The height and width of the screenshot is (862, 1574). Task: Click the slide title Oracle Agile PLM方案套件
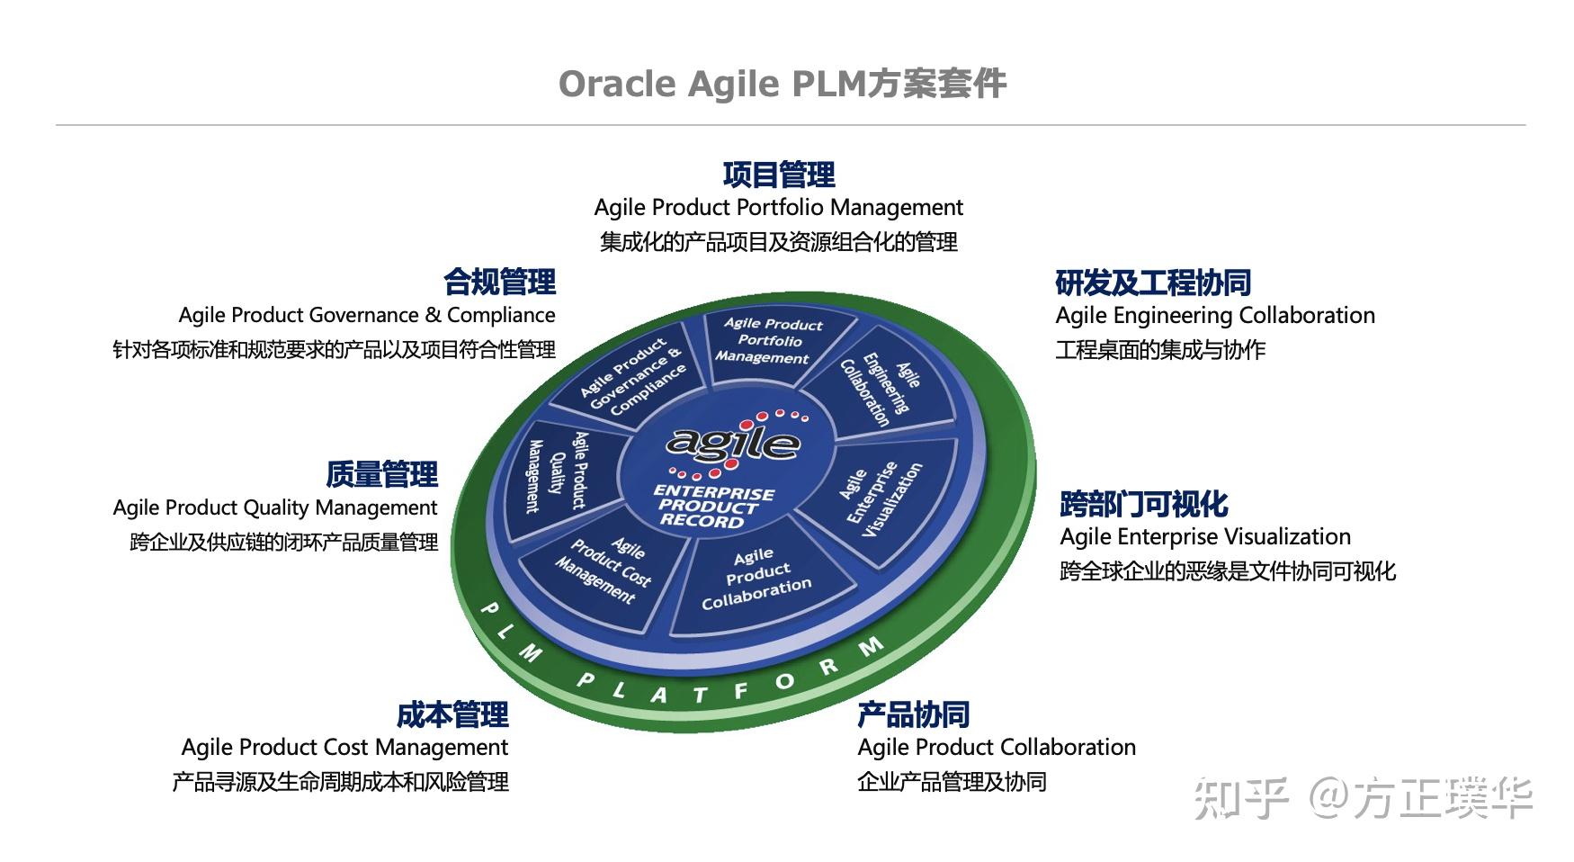point(782,84)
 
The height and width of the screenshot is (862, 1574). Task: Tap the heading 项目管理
point(779,174)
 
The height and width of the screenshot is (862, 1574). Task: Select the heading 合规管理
point(499,282)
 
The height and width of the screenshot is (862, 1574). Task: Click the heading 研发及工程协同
point(1153,283)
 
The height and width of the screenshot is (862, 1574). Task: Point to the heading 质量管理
point(381,474)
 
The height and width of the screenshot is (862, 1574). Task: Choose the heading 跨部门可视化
point(1143,504)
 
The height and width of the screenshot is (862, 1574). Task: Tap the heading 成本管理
point(452,714)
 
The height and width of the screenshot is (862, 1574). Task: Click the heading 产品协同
point(913,714)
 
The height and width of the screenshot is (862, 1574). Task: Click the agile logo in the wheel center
point(733,441)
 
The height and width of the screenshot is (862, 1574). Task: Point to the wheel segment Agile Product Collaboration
point(756,579)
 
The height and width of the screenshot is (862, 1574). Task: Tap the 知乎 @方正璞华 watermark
point(1363,798)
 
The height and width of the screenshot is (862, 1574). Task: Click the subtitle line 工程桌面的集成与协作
point(1160,349)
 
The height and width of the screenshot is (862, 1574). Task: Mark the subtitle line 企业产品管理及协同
point(952,781)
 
